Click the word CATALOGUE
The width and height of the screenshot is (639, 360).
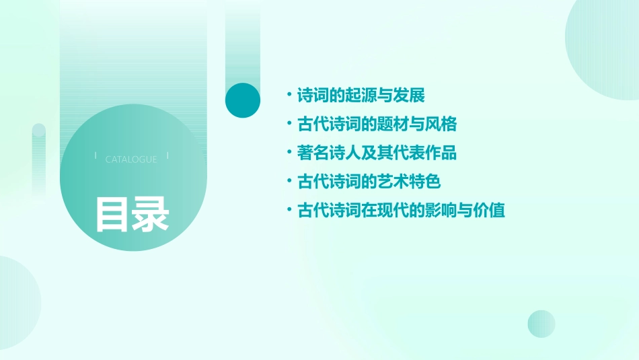pyautogui.click(x=131, y=159)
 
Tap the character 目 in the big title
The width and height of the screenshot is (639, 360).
pyautogui.click(x=112, y=214)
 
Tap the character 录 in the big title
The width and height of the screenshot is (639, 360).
pyautogui.click(x=150, y=214)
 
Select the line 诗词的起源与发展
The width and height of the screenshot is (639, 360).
pyautogui.click(x=361, y=96)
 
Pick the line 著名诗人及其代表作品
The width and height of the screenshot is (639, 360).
pyautogui.click(x=377, y=153)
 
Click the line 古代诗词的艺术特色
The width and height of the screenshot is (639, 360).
pyautogui.click(x=369, y=182)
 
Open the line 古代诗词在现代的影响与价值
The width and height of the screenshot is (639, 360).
pyautogui.click(x=401, y=211)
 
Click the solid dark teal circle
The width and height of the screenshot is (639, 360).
pyautogui.click(x=243, y=100)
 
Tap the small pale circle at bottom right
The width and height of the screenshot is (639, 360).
pyautogui.click(x=541, y=324)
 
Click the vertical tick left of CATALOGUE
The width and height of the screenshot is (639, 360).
pyautogui.click(x=96, y=155)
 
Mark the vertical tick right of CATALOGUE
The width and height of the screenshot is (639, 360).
pyautogui.click(x=167, y=155)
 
